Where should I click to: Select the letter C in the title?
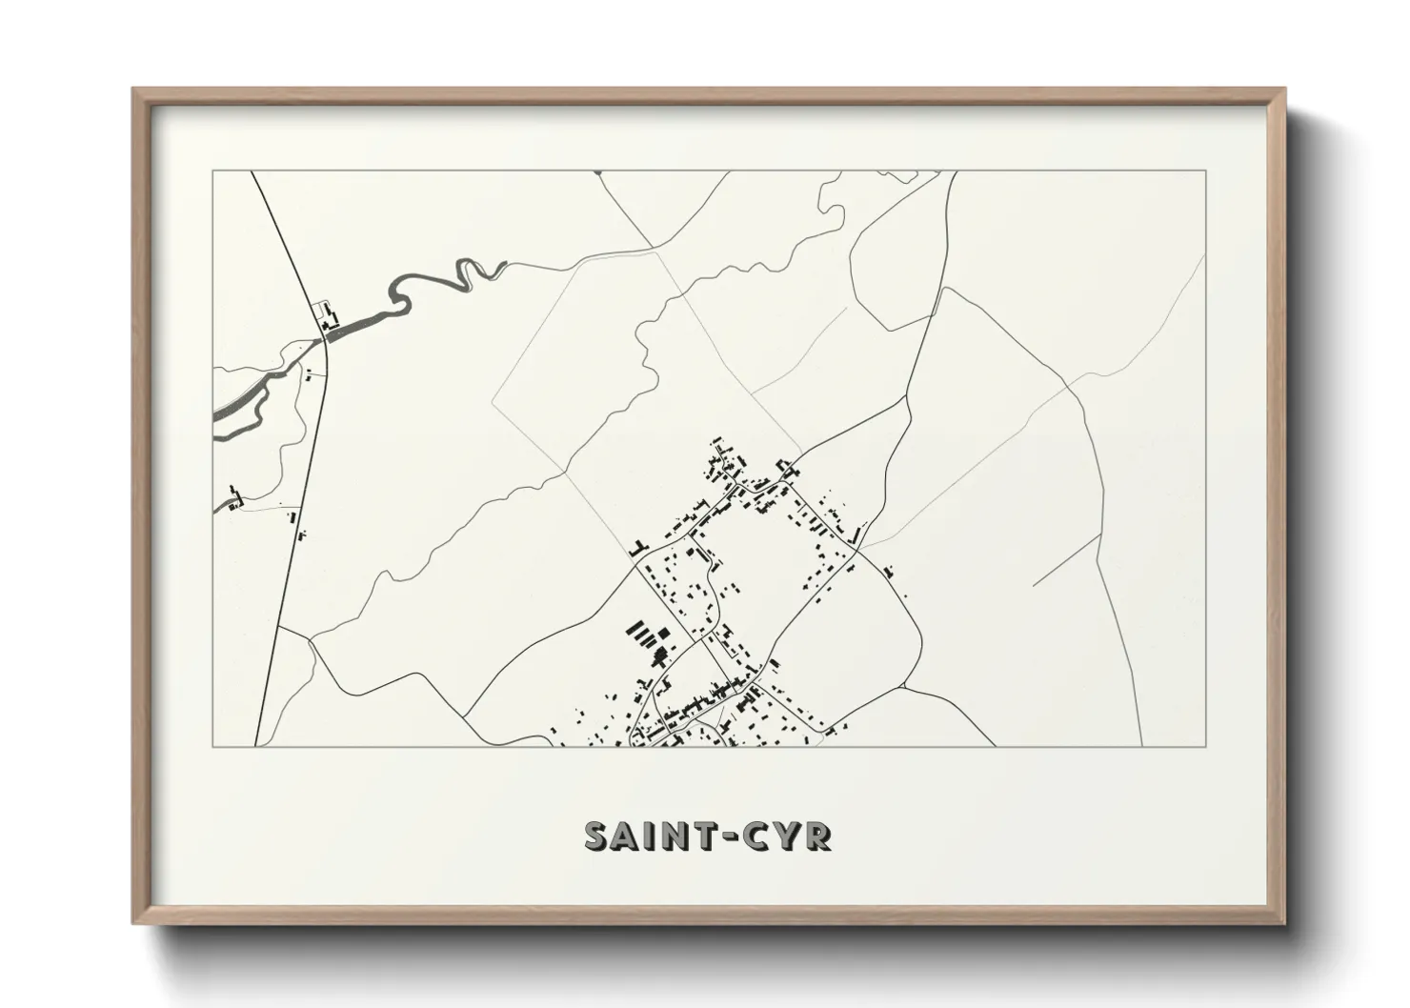coord(755,836)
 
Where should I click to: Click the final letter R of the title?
coord(817,836)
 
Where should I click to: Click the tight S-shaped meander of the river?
coord(469,272)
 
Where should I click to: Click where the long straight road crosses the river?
coord(325,334)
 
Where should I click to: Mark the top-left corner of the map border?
coord(212,171)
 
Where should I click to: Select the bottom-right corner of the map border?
coord(1206,746)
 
